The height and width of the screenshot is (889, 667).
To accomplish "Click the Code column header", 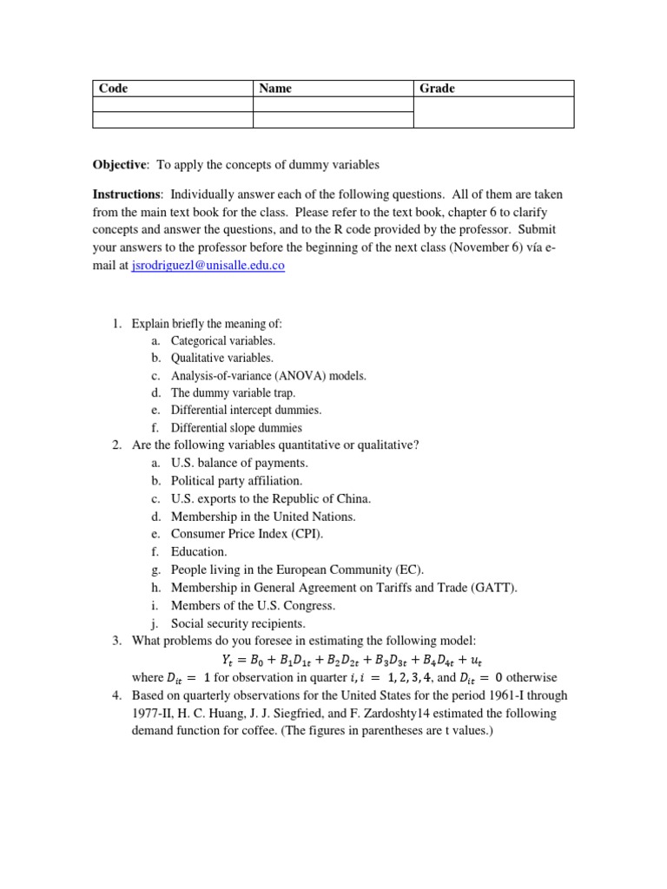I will point(114,89).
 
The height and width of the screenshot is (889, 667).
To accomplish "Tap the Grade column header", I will point(437,89).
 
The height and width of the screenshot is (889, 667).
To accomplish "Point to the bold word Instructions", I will point(126,194).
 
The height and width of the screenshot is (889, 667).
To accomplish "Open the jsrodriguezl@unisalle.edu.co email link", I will point(208,267).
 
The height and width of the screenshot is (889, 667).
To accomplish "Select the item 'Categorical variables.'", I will point(222,341).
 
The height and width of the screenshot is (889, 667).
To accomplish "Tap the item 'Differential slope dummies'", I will point(236,427).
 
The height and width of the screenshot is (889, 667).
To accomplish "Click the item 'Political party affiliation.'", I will point(236,480).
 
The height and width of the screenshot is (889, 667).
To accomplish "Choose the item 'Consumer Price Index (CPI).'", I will point(247,534).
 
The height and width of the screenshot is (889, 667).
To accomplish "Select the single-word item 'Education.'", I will point(199,551).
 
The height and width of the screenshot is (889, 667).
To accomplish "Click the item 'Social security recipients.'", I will point(239,623).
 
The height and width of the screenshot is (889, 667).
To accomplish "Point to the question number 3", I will point(116,641).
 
